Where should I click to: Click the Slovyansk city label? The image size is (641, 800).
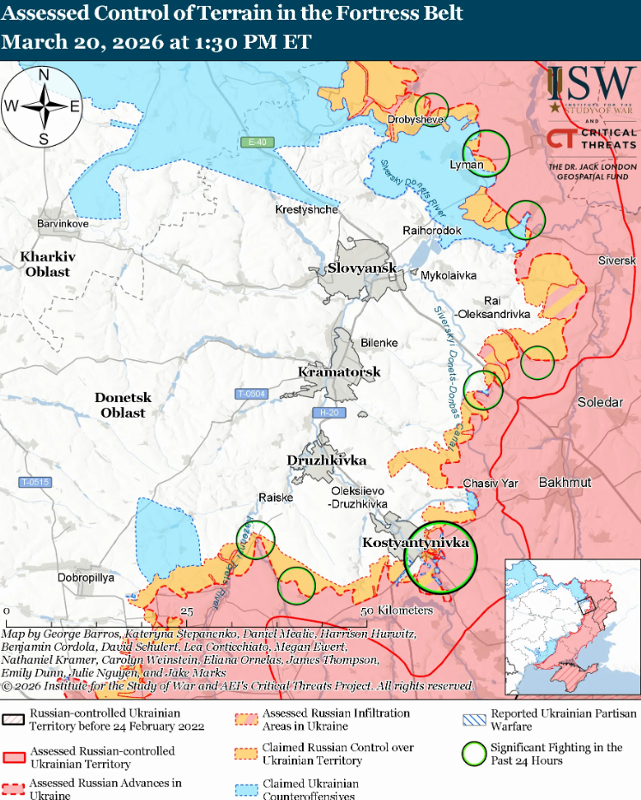tap(362, 268)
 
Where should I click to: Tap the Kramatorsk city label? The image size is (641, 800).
tap(339, 372)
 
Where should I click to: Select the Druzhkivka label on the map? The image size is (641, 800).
tap(327, 460)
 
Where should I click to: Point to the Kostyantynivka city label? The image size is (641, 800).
tap(415, 544)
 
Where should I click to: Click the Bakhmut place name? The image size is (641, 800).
tap(565, 483)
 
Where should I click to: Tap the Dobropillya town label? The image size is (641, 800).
tap(86, 578)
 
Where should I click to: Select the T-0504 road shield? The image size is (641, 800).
tap(251, 394)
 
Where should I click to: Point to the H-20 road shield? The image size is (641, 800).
tap(326, 413)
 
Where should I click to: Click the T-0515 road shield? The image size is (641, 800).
tap(36, 483)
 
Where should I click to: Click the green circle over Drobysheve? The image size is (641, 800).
tap(432, 107)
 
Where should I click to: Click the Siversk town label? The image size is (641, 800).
tap(616, 260)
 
